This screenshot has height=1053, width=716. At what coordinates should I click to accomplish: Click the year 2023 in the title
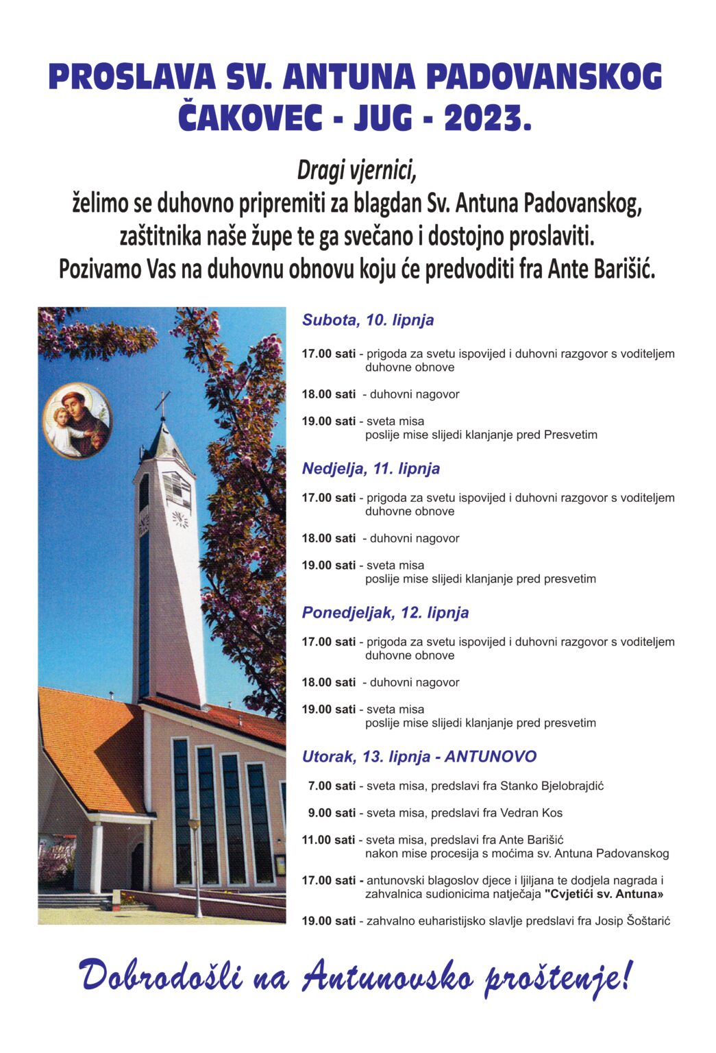pyautogui.click(x=486, y=119)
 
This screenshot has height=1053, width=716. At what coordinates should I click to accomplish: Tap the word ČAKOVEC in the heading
pyautogui.click(x=250, y=119)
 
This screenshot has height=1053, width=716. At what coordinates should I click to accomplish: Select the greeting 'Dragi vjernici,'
pyautogui.click(x=357, y=171)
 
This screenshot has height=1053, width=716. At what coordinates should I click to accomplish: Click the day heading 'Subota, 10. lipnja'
pyautogui.click(x=368, y=320)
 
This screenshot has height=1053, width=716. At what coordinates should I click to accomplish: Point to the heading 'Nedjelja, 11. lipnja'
pyautogui.click(x=371, y=469)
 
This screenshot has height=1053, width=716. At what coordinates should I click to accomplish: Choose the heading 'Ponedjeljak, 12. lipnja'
pyautogui.click(x=385, y=613)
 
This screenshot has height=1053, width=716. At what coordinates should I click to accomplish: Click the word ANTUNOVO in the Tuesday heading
pyautogui.click(x=491, y=757)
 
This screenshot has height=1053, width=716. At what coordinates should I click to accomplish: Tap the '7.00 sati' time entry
pyautogui.click(x=332, y=786)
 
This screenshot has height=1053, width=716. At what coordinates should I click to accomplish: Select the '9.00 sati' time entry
pyautogui.click(x=332, y=813)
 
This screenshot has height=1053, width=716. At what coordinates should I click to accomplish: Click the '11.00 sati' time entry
pyautogui.click(x=329, y=840)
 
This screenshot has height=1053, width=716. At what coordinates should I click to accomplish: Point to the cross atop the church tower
pyautogui.click(x=163, y=404)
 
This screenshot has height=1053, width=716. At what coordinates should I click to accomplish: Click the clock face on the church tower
pyautogui.click(x=180, y=518)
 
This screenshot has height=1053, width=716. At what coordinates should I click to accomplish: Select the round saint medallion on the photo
pyautogui.click(x=77, y=420)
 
